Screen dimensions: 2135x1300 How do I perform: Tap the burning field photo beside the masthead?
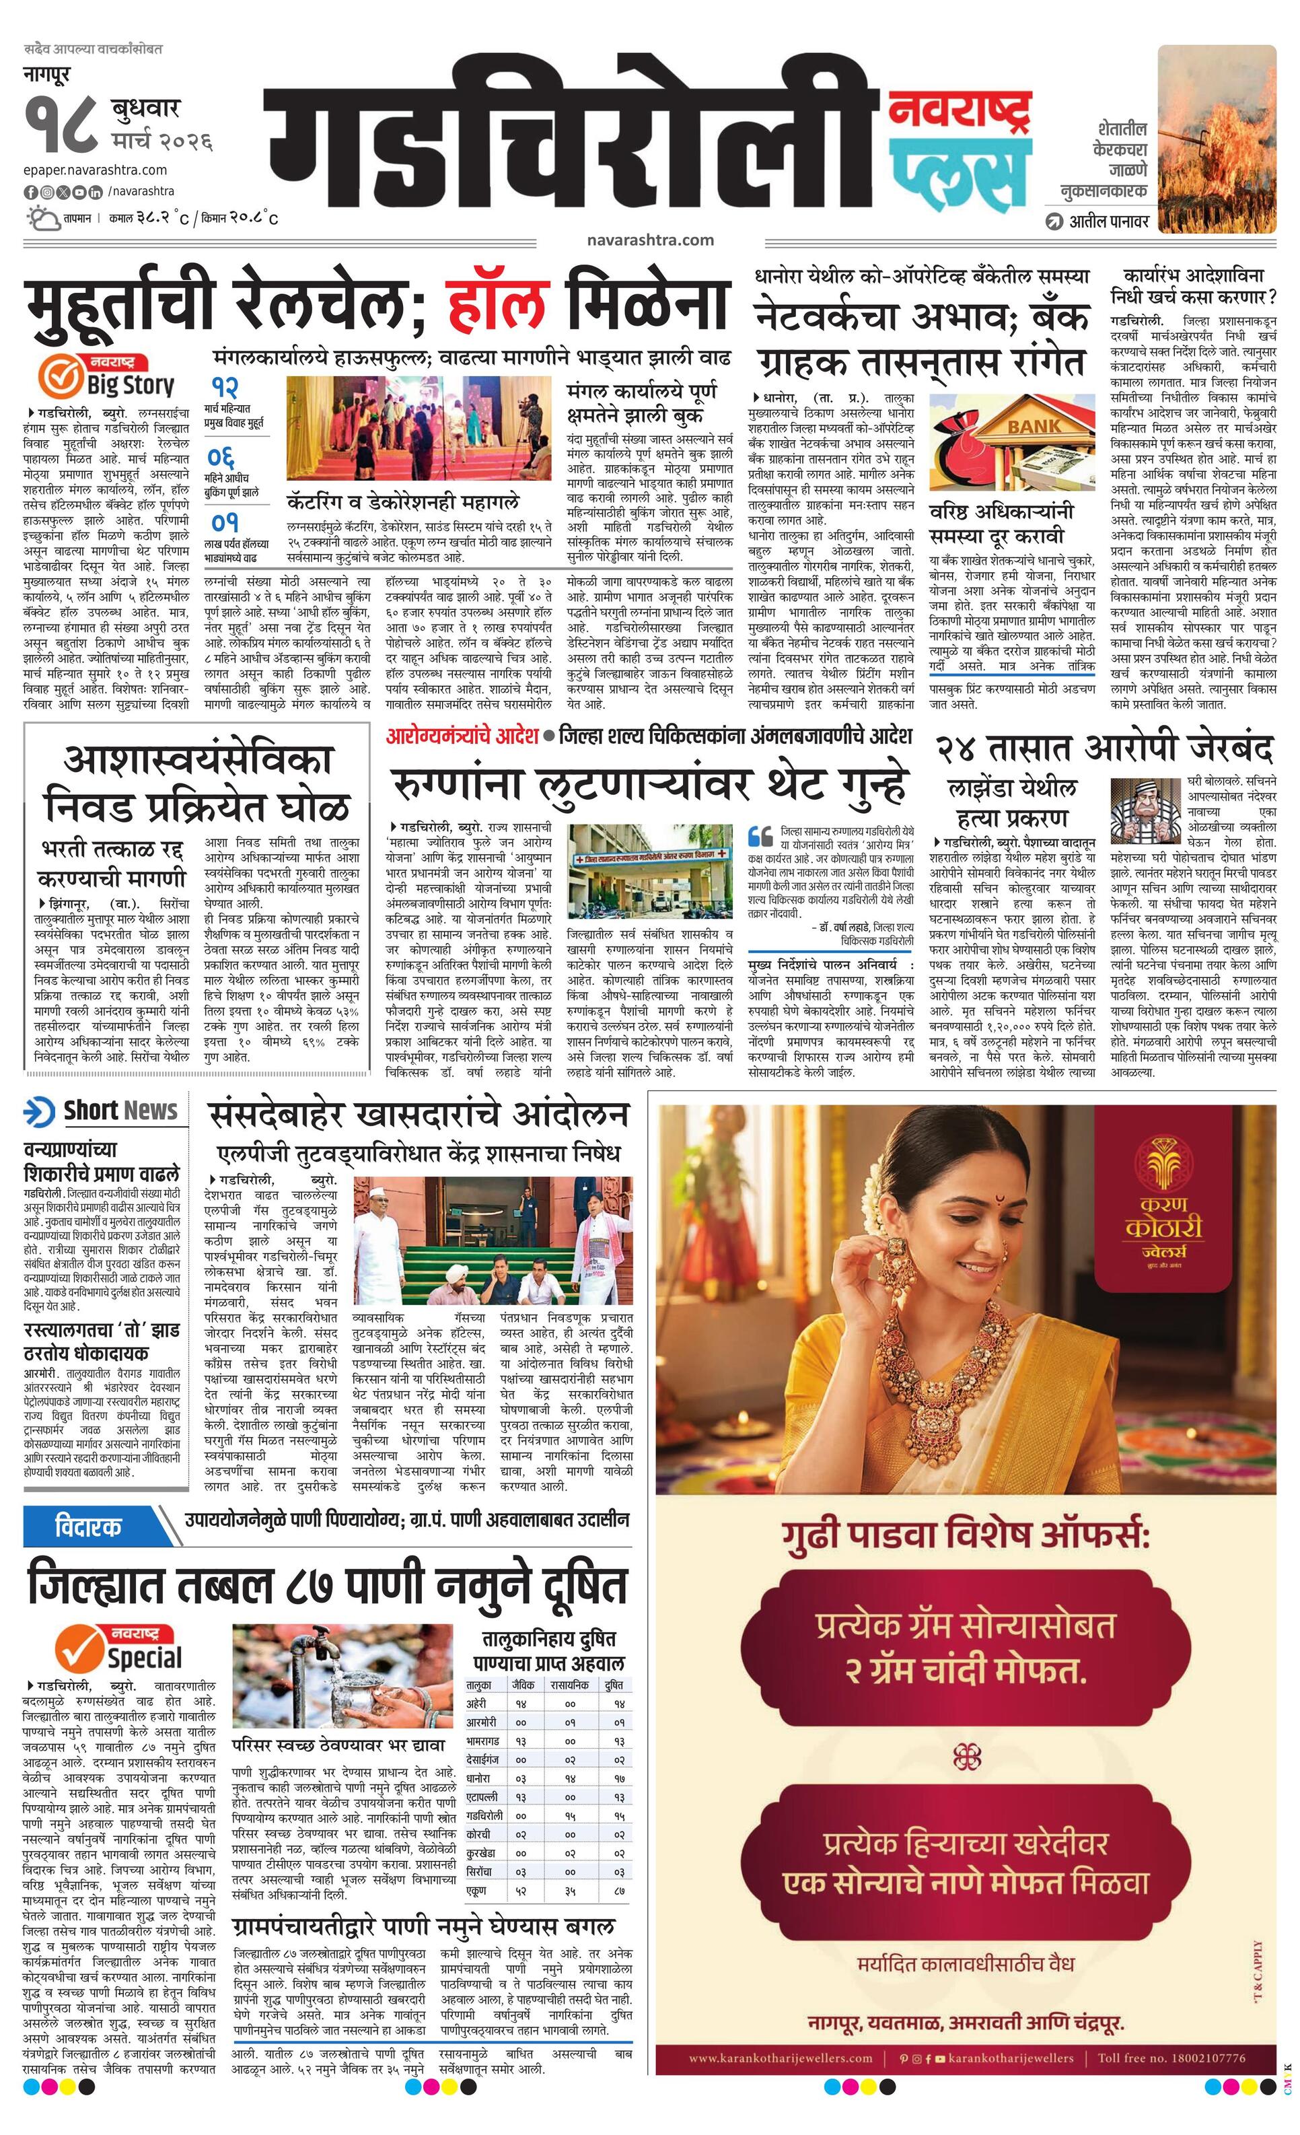pos(1216,136)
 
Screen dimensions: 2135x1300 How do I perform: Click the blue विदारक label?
pos(88,1527)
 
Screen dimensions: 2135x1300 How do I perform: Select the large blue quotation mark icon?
pos(760,836)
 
